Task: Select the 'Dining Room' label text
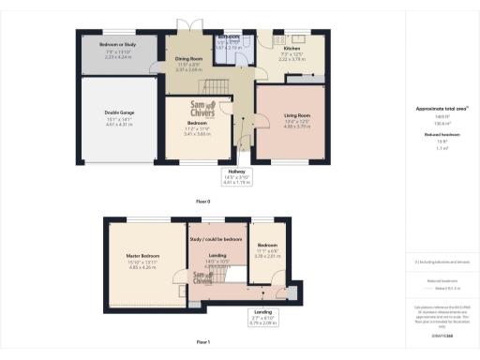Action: pyautogui.click(x=189, y=58)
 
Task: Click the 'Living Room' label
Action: pyautogui.click(x=296, y=115)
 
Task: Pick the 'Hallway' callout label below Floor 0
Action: pyautogui.click(x=236, y=172)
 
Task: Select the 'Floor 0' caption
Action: pyautogui.click(x=202, y=202)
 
